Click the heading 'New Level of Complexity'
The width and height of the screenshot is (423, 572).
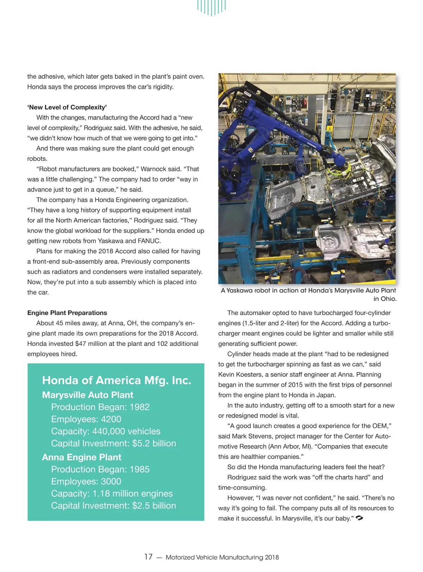[x=67, y=107]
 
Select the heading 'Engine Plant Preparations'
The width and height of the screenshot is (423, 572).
[x=67, y=313]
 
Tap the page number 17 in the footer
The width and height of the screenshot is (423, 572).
[x=148, y=557]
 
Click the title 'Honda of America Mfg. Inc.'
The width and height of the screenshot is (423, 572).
[x=116, y=380]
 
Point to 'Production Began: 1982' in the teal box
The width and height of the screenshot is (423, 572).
[x=100, y=407]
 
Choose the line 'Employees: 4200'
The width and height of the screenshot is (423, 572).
[x=86, y=419]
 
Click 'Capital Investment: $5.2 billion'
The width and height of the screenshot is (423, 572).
[x=113, y=444]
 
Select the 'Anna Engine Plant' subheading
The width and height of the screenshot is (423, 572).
[x=81, y=457]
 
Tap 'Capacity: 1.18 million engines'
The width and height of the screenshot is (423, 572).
[x=112, y=494]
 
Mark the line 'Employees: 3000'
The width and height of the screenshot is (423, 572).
[x=86, y=482]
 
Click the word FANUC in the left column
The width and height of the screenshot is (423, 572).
[x=149, y=241]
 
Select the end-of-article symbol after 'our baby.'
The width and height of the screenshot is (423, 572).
[x=360, y=518]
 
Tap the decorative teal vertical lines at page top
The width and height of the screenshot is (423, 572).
[x=211, y=7]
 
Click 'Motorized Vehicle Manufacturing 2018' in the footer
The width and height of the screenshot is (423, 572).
[x=222, y=558]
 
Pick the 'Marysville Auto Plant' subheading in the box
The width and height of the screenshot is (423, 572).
[x=87, y=395]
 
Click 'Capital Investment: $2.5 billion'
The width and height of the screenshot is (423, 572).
[x=113, y=506]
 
